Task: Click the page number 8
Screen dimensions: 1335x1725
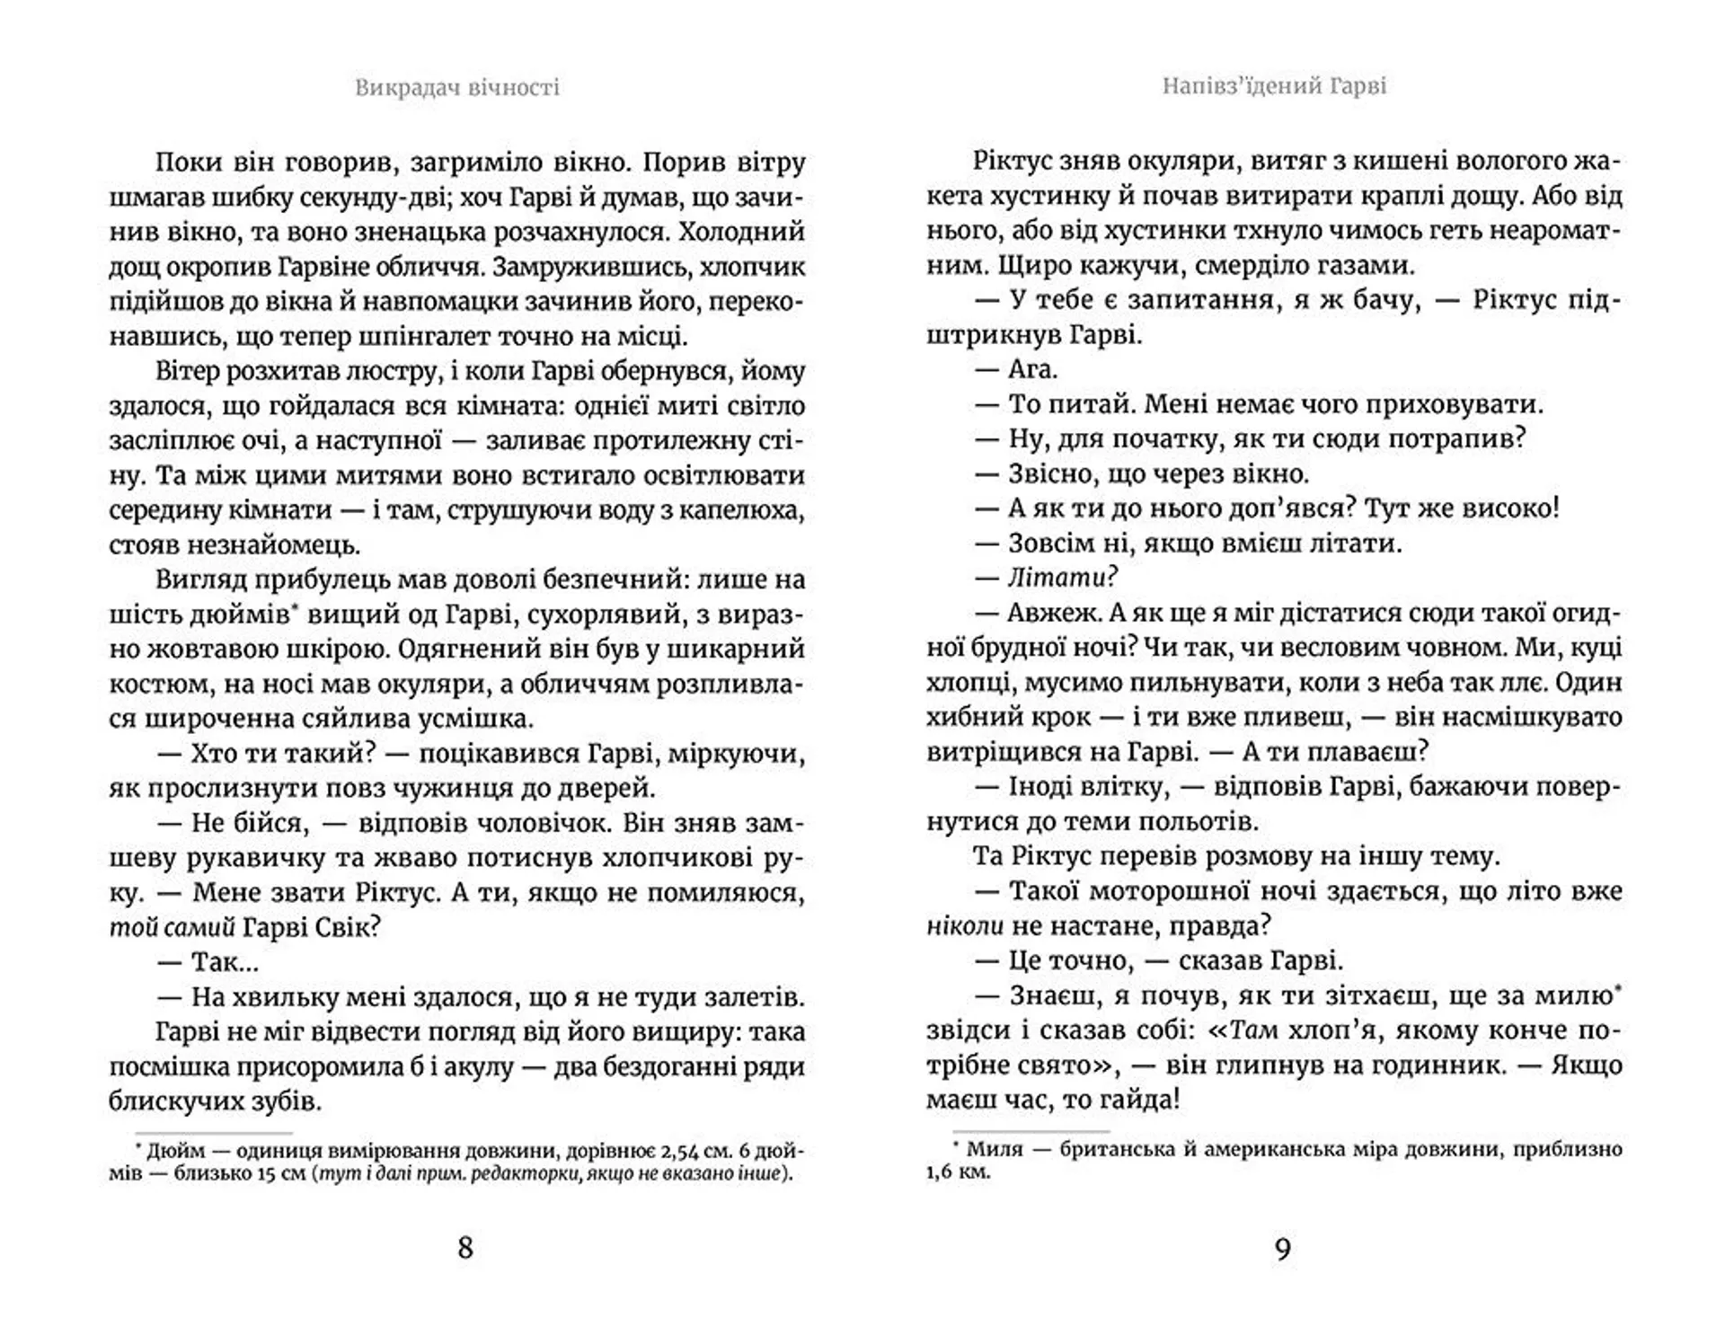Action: [x=464, y=1248]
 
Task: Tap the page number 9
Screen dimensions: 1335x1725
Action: [x=1282, y=1249]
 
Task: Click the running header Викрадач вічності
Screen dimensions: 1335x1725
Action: [x=456, y=87]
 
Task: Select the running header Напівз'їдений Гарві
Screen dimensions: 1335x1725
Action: [x=1274, y=86]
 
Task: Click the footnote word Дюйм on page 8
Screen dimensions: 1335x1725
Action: [x=176, y=1152]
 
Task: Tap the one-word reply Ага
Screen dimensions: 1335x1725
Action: [x=1032, y=369]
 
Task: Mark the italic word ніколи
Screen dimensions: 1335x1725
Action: [x=965, y=926]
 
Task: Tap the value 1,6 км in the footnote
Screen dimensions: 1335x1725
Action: [x=959, y=1172]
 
